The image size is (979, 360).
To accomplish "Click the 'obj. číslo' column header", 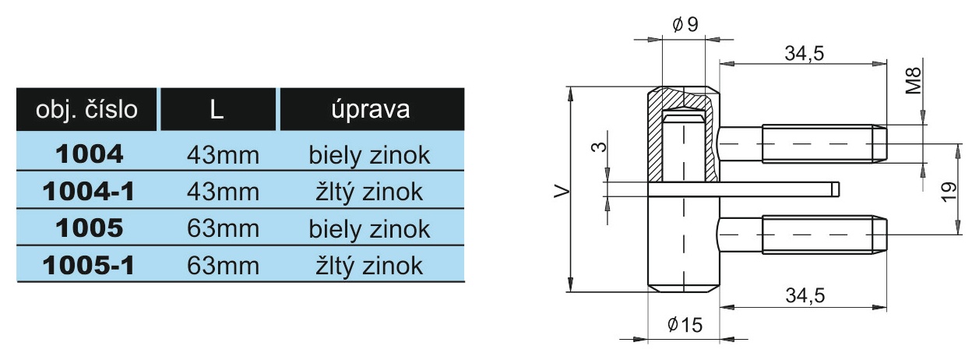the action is pos(86,109).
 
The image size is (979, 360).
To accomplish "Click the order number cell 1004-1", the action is pos(89,192).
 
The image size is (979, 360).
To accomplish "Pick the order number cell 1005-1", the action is pos(89,266).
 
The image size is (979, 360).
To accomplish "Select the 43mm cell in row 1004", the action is pos(223,156).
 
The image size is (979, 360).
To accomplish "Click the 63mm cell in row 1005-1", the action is pos(223,266).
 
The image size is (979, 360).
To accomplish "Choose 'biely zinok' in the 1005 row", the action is pos(369,229).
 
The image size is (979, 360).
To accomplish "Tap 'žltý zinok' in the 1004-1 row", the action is pos(369,192).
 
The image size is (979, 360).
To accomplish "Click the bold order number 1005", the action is pos(90,228).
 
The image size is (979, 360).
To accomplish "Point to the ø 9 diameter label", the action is pos(685,24).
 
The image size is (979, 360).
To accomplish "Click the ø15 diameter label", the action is pos(685,325).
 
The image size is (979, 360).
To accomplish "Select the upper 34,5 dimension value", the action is pos(805,53).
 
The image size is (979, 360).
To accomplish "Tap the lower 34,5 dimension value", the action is pos(805,295).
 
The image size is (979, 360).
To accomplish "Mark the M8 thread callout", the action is pos(913,80).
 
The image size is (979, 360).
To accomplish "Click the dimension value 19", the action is pos(949,192).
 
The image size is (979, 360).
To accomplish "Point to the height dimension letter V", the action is pos(562,192).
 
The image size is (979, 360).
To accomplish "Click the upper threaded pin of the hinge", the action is pos(802,143).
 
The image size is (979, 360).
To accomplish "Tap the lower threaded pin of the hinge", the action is pos(802,235).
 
